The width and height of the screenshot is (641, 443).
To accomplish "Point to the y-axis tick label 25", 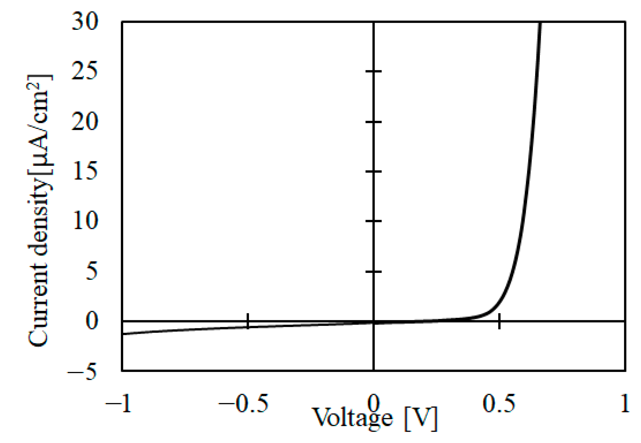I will click(85, 71).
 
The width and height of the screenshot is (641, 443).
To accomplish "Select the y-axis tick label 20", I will click(85, 122).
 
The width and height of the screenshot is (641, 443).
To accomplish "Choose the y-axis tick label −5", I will click(83, 371).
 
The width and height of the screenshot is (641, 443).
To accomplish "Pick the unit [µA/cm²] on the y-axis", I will click(39, 125).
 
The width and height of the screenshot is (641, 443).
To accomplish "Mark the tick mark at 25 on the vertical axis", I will click(373, 71).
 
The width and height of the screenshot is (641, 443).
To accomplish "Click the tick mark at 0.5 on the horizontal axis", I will click(499, 321).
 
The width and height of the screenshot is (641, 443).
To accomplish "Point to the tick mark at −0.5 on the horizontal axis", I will click(247, 321).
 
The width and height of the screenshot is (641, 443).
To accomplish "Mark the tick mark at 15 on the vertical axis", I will click(373, 171).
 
